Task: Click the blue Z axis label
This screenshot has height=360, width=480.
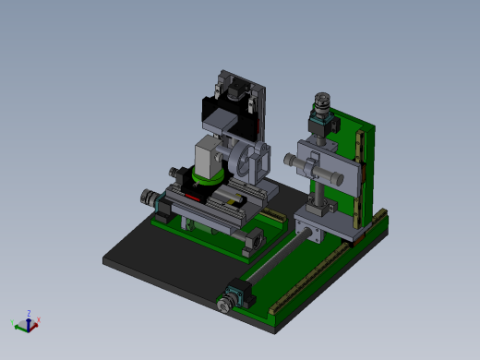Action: (30, 313)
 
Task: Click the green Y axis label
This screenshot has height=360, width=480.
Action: (12, 322)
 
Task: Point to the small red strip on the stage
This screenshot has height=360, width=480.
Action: (191, 198)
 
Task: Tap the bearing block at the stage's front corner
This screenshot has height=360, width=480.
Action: (252, 242)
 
